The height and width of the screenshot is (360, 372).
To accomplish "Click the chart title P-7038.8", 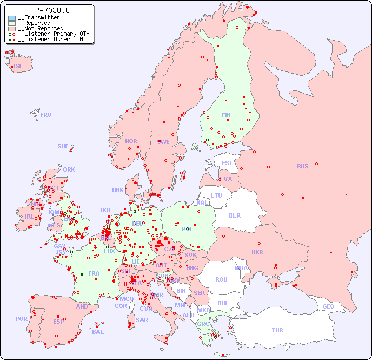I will tap(52, 10).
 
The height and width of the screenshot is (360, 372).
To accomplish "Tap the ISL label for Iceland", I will tap(18, 67).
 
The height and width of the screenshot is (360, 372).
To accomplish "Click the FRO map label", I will tap(46, 115).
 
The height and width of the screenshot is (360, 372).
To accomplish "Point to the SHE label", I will tap(63, 146).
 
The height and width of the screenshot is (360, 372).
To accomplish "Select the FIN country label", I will tap(226, 115).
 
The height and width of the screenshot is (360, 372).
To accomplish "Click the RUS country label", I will tap(302, 166).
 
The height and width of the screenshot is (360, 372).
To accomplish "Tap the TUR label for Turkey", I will tap(277, 330).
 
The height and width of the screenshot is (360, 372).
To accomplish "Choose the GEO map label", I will tap(328, 306).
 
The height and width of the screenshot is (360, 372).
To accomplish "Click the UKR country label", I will tap(257, 252).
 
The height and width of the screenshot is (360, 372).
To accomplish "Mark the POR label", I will tap(21, 319).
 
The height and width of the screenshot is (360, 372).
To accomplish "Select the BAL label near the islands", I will tap(97, 332).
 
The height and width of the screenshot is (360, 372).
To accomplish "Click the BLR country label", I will tap(234, 215).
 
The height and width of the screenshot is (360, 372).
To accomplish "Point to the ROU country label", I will tap(221, 279).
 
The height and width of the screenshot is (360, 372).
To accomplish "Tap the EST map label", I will tap(227, 163).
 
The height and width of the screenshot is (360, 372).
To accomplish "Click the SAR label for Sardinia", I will tap(142, 320).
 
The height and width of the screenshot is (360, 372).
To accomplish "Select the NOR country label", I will tap(131, 141).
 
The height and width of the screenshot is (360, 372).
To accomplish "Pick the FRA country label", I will tap(94, 273).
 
